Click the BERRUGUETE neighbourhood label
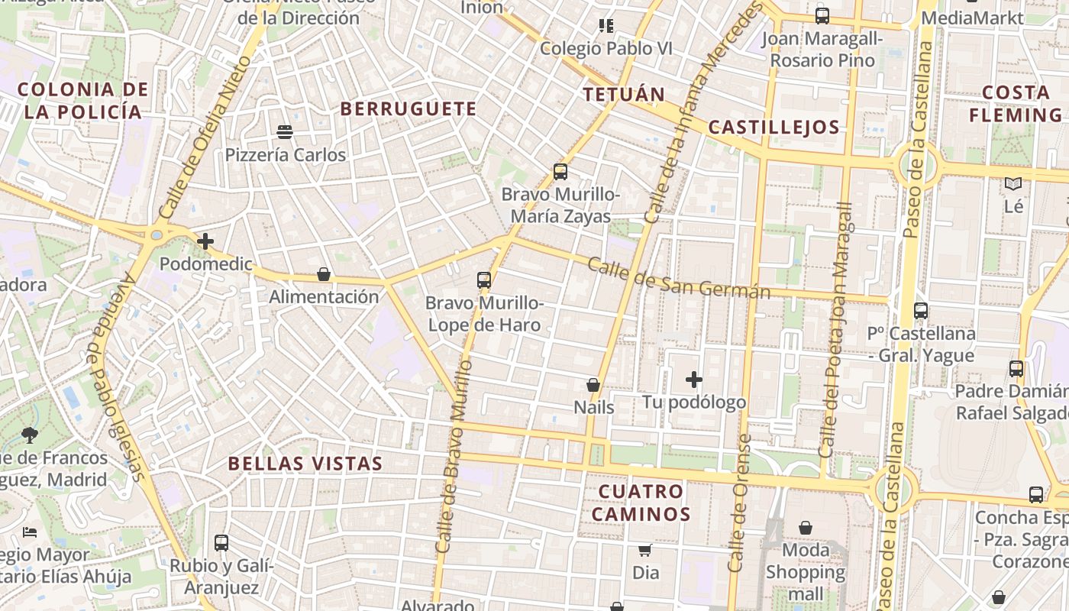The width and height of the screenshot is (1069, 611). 409,108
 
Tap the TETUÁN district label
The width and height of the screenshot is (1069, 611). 624,95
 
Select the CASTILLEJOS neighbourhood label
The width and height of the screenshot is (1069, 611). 773,128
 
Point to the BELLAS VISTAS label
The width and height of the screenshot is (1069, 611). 305,464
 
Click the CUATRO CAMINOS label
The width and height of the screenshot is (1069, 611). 641,503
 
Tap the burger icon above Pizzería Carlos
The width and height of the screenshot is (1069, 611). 285,132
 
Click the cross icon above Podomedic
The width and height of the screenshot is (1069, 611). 205,241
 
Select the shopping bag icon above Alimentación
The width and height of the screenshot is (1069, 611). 324,274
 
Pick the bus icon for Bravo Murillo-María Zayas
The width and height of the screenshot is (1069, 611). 560,172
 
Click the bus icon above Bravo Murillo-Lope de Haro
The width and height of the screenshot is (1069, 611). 484,280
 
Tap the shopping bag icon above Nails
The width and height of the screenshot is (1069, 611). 593,385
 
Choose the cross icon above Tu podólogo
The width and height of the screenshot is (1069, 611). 693,380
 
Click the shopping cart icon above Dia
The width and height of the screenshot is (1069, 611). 645,550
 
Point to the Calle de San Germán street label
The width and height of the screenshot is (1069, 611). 679,279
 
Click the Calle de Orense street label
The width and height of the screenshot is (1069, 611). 738,504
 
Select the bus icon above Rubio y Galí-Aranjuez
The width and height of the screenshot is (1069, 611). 221,543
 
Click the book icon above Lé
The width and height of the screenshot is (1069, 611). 1013,184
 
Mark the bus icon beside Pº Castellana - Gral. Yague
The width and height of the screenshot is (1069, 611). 921,311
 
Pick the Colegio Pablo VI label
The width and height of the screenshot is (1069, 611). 606,48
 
